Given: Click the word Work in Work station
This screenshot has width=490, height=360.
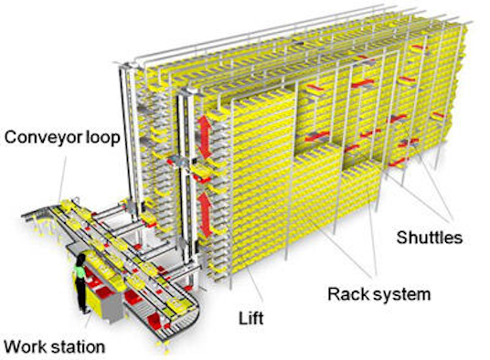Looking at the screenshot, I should point(27,346).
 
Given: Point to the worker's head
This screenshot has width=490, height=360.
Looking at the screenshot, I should point(80,261).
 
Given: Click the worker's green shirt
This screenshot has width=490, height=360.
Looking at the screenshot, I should point(80,276).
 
